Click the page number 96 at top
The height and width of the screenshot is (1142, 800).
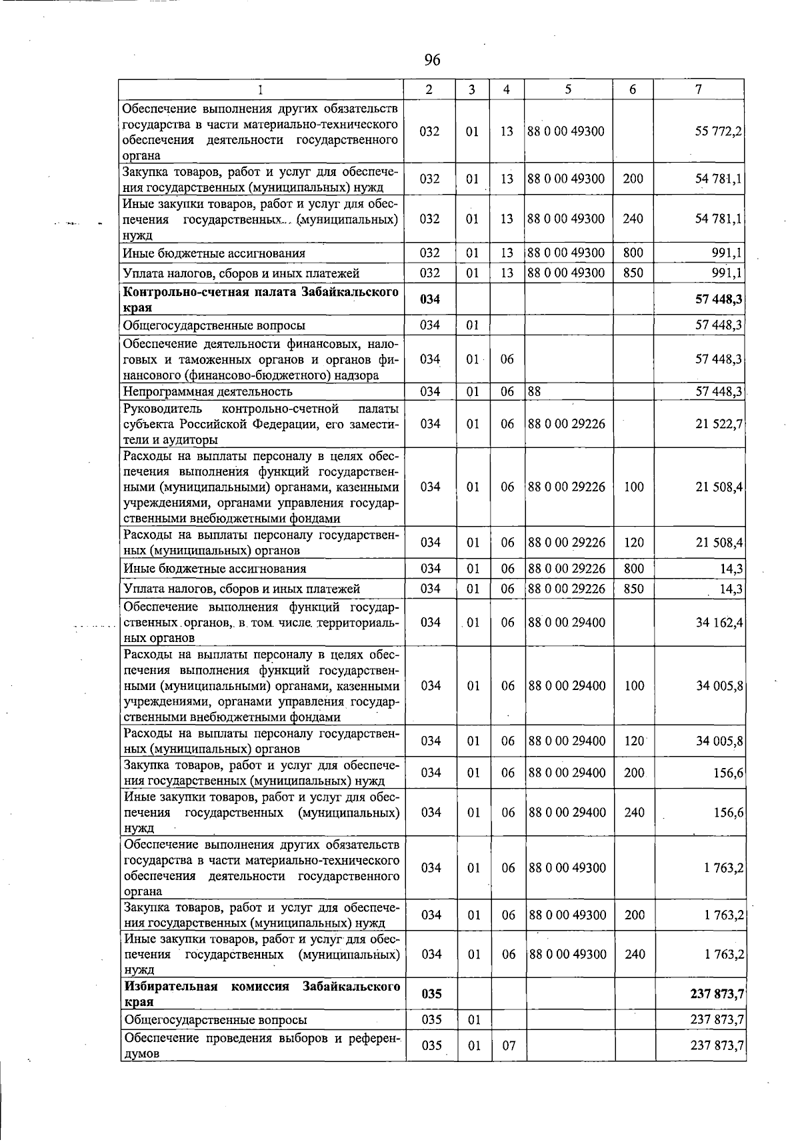[x=432, y=61]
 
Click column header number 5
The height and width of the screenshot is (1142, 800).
[x=567, y=89]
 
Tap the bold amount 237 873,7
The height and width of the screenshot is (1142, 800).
[x=717, y=994]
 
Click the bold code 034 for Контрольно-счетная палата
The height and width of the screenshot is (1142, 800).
[x=431, y=300]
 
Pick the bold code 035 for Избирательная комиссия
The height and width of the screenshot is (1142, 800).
[x=431, y=994]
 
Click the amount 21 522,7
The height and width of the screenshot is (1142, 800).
[x=719, y=424]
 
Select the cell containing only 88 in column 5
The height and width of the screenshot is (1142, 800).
[x=534, y=392]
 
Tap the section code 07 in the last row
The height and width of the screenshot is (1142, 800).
[x=509, y=1046]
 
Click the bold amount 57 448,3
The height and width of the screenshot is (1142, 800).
[x=719, y=300]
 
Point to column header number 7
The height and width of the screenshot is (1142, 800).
[x=698, y=89]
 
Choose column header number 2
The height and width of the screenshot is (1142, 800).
[x=430, y=89]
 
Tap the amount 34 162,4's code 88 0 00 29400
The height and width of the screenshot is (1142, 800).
[x=567, y=623]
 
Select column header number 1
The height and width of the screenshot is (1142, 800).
[x=261, y=89]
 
